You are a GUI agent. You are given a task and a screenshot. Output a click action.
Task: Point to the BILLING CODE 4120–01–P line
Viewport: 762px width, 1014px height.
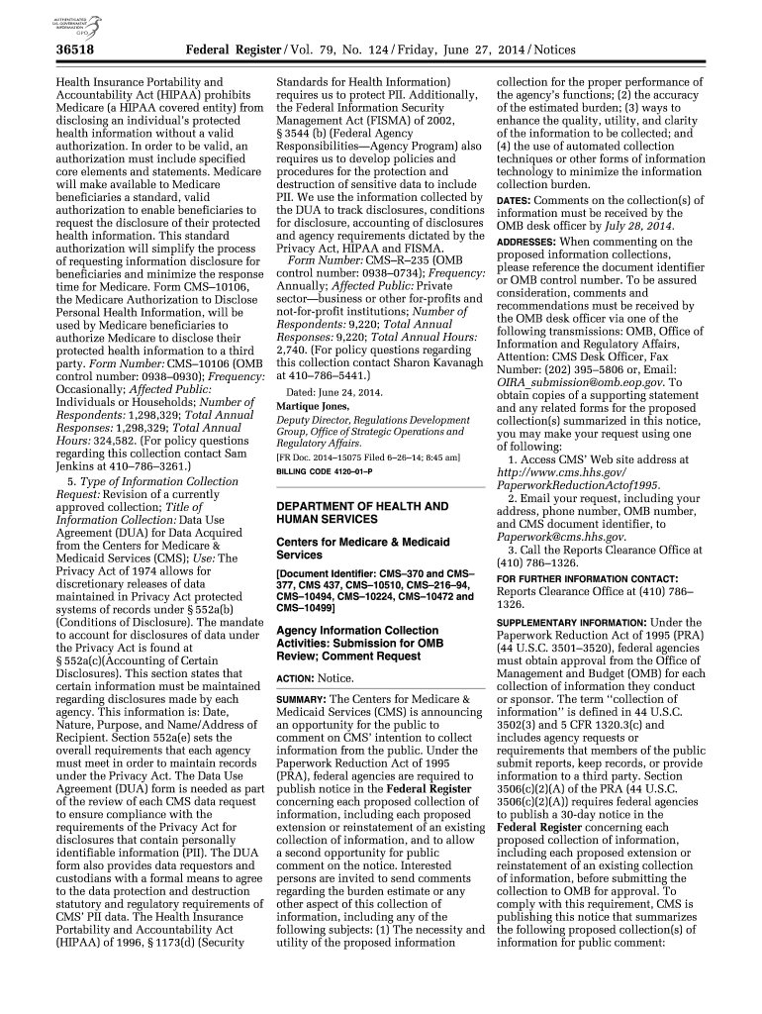(331, 472)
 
